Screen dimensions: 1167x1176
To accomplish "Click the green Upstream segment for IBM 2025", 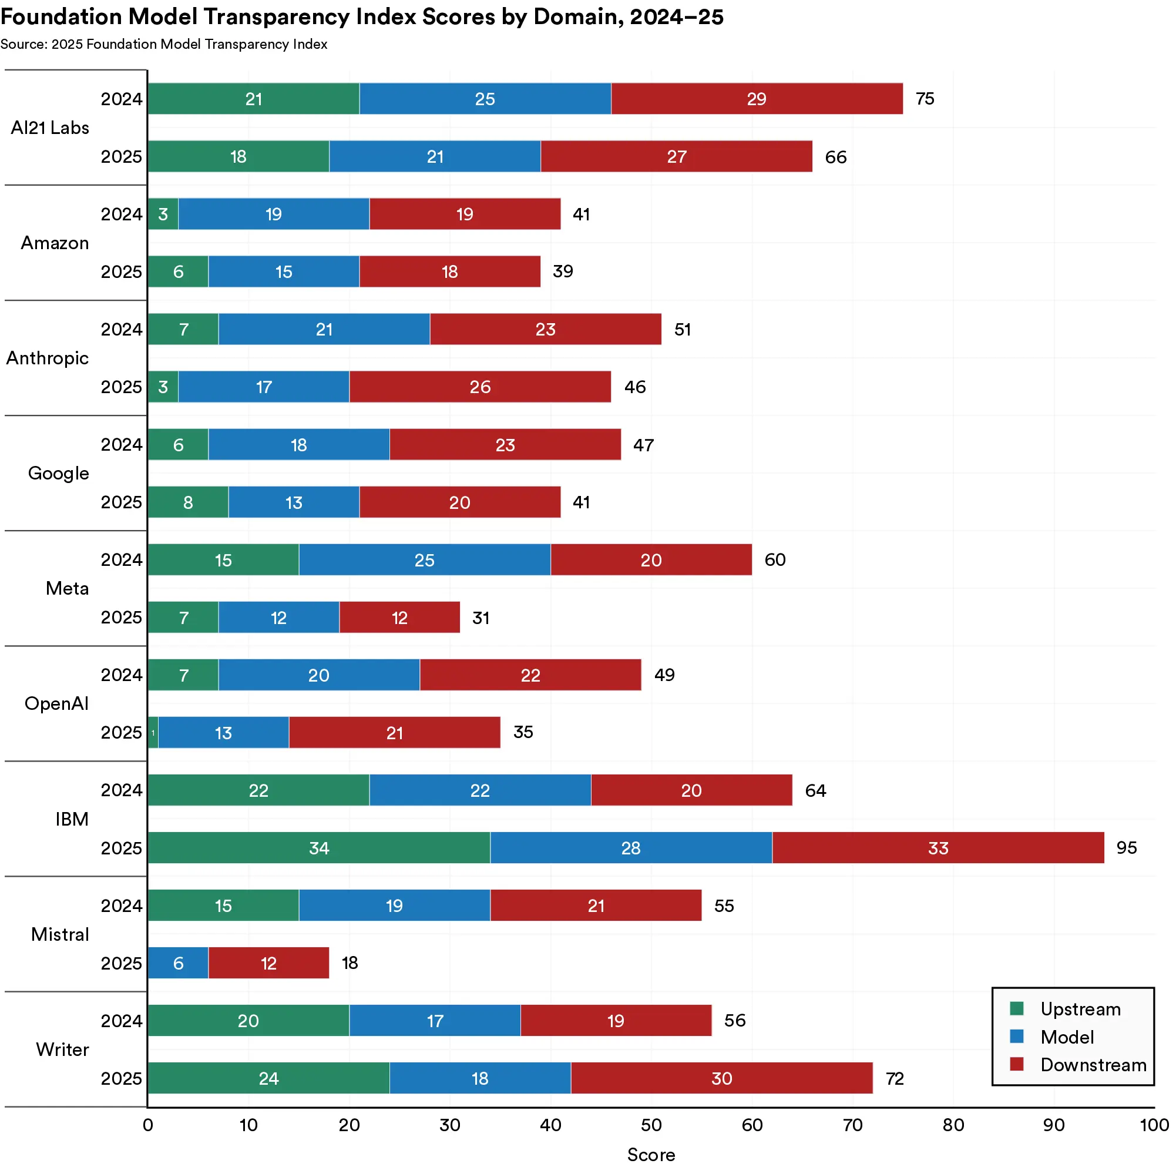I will click(318, 847).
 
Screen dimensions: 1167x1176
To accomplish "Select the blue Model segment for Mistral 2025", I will click(178, 963).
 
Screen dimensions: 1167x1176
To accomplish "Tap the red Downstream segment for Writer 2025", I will click(721, 1078).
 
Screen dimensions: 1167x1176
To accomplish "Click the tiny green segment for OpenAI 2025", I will click(153, 732).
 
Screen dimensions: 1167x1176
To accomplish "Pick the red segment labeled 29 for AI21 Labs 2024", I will click(756, 99).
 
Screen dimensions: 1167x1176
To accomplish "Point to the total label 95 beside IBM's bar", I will click(1125, 847).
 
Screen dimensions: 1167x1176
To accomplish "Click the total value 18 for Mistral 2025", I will click(350, 963).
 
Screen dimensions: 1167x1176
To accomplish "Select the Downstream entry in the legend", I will click(1093, 1065).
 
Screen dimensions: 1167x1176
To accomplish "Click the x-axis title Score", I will click(651, 1154).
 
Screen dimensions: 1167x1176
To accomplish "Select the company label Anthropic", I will click(48, 358).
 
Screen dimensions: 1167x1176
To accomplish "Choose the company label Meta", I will click(67, 588).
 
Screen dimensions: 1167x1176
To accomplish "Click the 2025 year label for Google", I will click(121, 502).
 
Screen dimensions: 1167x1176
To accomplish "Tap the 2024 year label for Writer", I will click(121, 1020).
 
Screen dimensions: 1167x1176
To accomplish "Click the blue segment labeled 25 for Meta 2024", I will click(424, 559).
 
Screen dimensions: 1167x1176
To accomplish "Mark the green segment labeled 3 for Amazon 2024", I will click(163, 214).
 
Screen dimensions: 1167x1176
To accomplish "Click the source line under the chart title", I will click(164, 45).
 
